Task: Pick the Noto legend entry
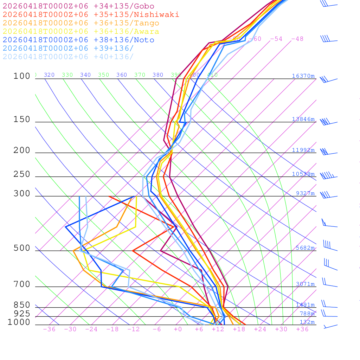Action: (78, 40)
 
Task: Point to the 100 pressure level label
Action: (22, 76)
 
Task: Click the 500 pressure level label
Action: (22, 249)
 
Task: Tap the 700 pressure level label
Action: (22, 284)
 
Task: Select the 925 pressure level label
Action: (22, 314)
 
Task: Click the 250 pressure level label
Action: (22, 174)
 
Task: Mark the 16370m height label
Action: (303, 76)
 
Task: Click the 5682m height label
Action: (305, 248)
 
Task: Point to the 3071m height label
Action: (305, 284)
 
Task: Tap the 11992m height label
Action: (303, 150)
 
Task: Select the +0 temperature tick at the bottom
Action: (178, 329)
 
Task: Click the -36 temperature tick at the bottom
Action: (49, 329)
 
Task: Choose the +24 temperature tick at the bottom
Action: (260, 329)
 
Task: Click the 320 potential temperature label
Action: (49, 75)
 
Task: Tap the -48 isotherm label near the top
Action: (297, 39)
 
